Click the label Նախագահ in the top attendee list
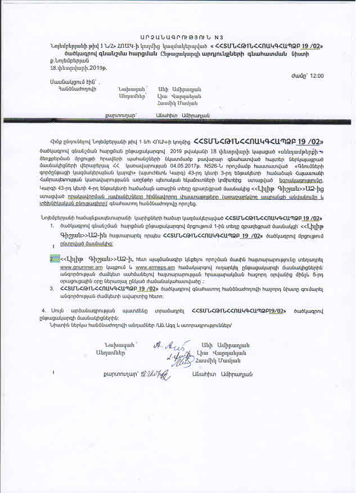(x=132, y=89)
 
